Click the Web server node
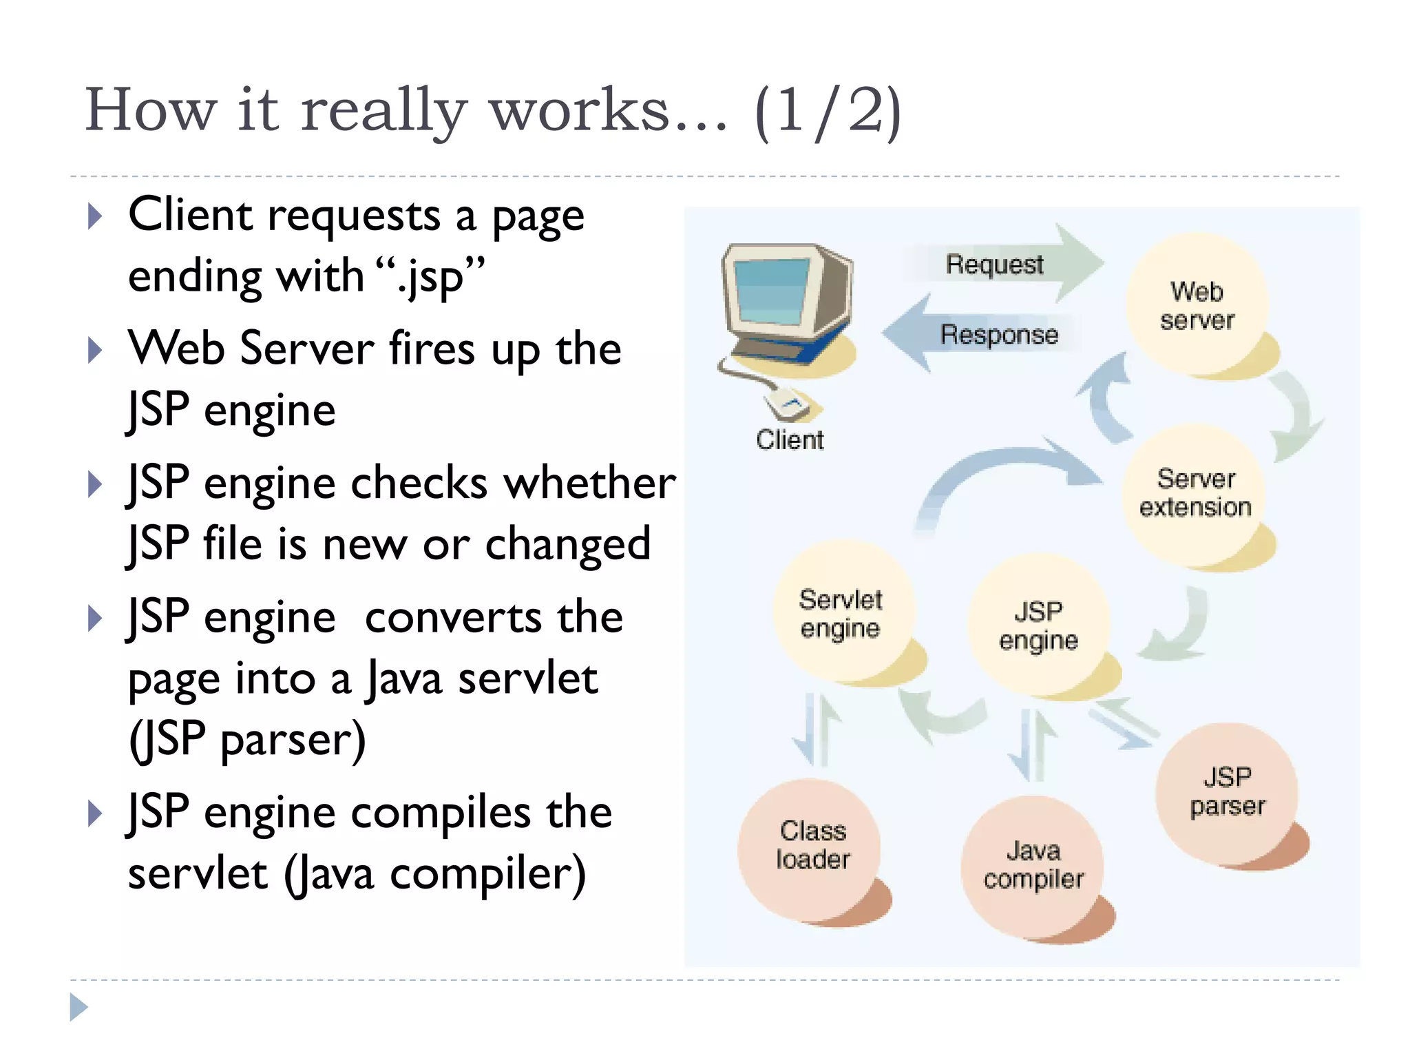[x=1197, y=305]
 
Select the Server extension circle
[x=1195, y=493]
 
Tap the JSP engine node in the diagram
[x=1038, y=625]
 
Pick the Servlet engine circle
[x=841, y=613]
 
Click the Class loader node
[x=812, y=846]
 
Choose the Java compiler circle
[x=1033, y=865]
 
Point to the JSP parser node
[x=1228, y=791]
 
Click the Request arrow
[x=1005, y=264]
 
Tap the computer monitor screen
[x=770, y=291]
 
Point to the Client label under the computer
[x=790, y=439]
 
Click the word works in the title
[x=578, y=110]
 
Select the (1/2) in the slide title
[x=827, y=110]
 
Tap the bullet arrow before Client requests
[x=95, y=216]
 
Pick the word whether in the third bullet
[x=590, y=483]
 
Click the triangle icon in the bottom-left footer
[x=78, y=1007]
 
